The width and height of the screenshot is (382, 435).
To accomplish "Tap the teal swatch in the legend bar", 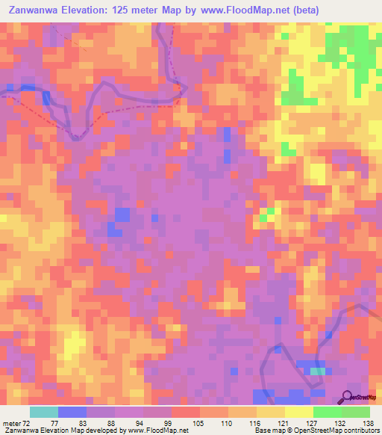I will point(44,412).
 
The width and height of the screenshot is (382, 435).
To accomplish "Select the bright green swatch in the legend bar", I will point(327,412).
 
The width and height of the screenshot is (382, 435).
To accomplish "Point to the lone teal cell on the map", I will point(319,371).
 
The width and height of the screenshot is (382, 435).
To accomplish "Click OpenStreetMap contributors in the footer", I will point(340,431).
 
